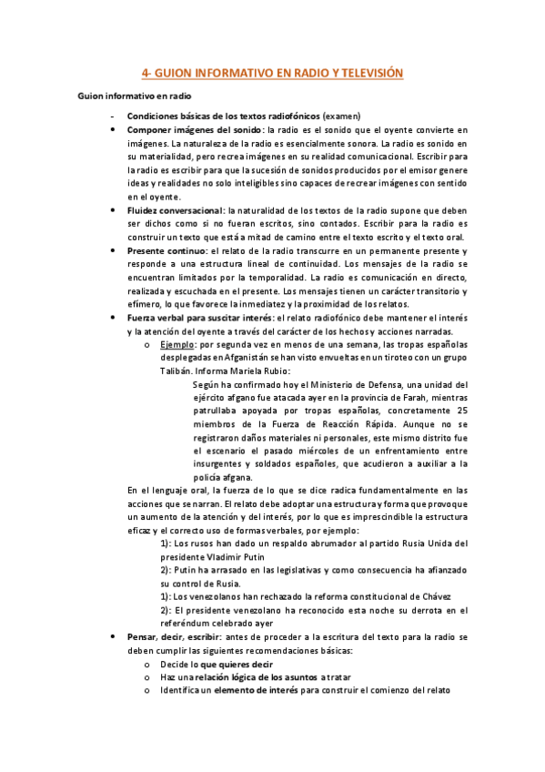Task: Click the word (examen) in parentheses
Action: pyautogui.click(x=338, y=116)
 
